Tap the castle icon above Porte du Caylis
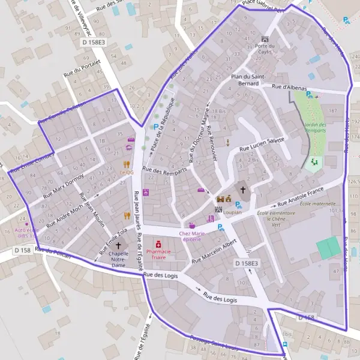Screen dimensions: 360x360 [265, 38]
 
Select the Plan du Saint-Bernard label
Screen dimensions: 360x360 [245, 79]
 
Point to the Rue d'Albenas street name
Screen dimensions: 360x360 [286, 87]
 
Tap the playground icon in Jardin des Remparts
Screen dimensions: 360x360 [314, 163]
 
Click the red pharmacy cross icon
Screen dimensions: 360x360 [158, 245]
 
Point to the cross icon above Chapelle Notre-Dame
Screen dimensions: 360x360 [118, 245]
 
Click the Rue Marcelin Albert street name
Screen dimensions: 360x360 [215, 253]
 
